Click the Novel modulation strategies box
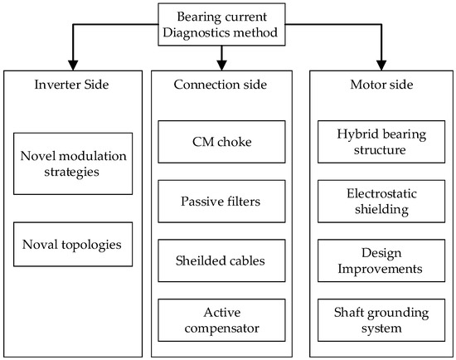(74, 163)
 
